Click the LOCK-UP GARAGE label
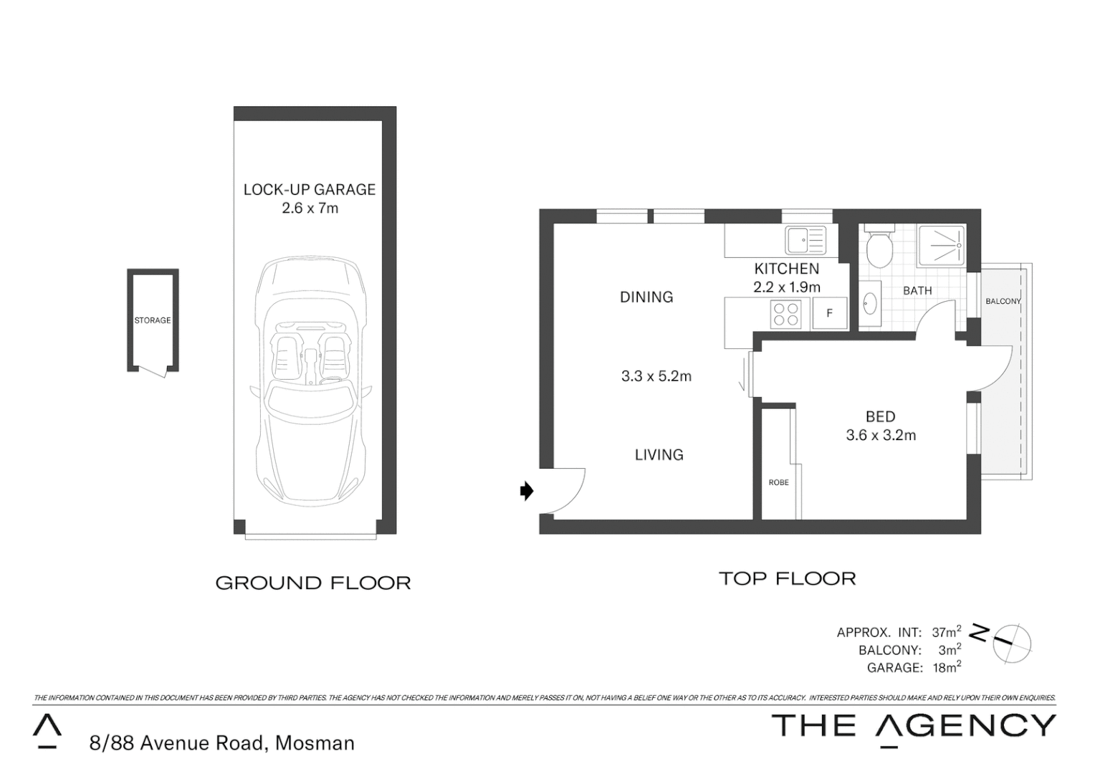tap(309, 190)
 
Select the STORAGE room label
tap(153, 320)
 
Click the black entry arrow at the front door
tap(527, 491)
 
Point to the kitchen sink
tap(805, 239)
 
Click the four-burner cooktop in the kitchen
tap(785, 314)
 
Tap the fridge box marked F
tap(830, 313)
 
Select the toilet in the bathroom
tap(879, 247)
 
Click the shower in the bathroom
tap(941, 245)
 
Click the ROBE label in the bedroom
tap(778, 482)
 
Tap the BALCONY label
tap(1003, 301)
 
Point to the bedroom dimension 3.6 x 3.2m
tap(881, 435)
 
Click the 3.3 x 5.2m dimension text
tap(656, 376)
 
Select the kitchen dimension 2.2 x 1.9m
tap(786, 287)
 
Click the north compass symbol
tap(1011, 641)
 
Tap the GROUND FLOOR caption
tap(313, 583)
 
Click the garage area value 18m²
tap(946, 667)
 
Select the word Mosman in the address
tap(315, 743)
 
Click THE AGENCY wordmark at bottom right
tap(913, 725)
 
